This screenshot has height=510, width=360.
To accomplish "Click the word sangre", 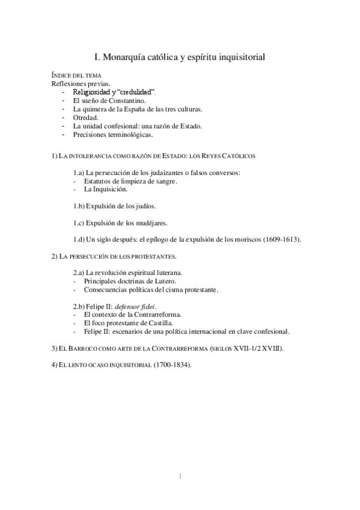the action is pos(165,181).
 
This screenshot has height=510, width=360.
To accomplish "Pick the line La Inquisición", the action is pos(106,189).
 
